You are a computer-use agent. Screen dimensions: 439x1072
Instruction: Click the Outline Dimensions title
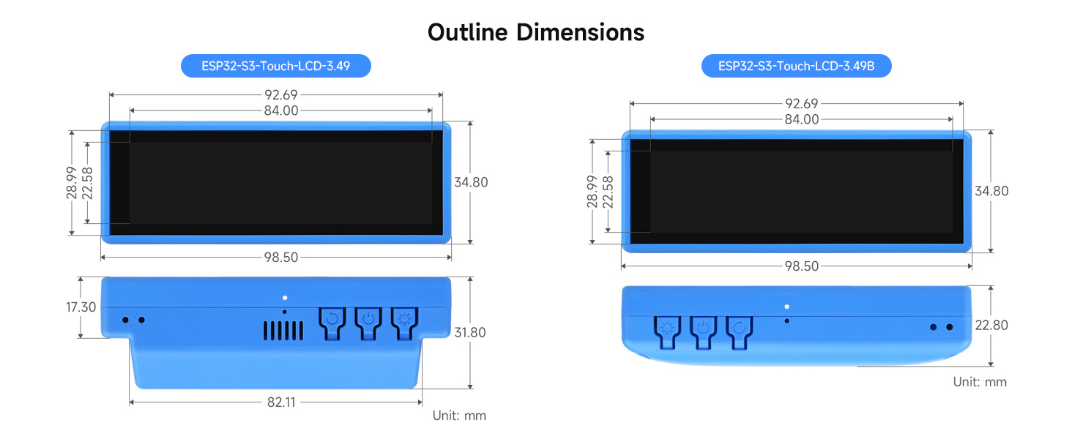(536, 32)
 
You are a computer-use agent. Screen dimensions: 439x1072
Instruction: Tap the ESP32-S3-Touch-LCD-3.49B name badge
(796, 67)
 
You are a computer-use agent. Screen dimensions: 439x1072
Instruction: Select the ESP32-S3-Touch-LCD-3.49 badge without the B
(276, 67)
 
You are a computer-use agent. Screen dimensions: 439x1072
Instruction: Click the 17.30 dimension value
(81, 307)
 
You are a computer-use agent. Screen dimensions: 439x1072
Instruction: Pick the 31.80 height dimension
(470, 332)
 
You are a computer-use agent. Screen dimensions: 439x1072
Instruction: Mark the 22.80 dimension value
(991, 325)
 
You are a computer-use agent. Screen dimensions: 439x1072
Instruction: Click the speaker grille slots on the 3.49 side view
(283, 331)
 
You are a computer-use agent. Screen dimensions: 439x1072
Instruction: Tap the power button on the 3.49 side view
(368, 319)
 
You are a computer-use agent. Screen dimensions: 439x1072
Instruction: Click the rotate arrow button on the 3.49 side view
(332, 319)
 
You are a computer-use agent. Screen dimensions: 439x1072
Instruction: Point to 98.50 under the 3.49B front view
(801, 266)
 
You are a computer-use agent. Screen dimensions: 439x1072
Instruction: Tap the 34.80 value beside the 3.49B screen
(991, 191)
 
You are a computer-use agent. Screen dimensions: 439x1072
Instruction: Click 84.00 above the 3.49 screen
(280, 110)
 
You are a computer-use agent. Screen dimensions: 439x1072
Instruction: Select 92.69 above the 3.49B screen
(801, 104)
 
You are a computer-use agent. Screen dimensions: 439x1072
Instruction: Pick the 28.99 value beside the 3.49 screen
(72, 182)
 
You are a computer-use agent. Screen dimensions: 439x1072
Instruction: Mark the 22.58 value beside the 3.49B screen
(607, 192)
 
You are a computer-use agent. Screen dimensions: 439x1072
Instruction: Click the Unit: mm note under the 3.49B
(980, 382)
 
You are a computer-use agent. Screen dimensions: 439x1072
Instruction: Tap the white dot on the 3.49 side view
(284, 298)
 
